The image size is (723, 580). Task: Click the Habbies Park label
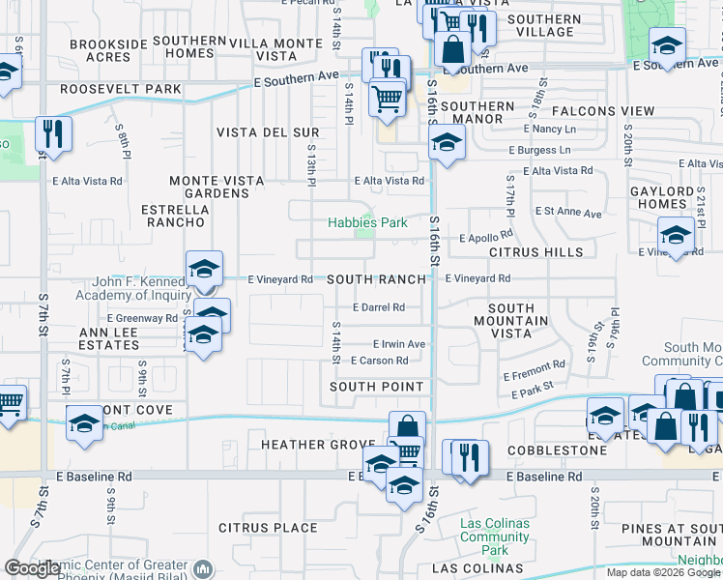click(x=366, y=222)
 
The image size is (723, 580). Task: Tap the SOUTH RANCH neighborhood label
click(x=376, y=279)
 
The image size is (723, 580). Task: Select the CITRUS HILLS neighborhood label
click(x=535, y=251)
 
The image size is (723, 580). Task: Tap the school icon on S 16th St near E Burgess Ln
click(x=445, y=144)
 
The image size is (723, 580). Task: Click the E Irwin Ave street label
click(x=399, y=343)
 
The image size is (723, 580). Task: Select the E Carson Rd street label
click(x=379, y=361)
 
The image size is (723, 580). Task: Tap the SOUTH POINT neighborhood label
click(x=376, y=387)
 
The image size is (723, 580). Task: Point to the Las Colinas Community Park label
click(x=494, y=536)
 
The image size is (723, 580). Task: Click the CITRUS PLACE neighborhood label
click(x=268, y=528)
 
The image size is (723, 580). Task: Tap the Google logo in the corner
click(x=33, y=568)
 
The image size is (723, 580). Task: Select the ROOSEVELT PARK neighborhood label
click(x=120, y=88)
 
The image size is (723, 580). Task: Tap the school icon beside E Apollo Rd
click(x=676, y=235)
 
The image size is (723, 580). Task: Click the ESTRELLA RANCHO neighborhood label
click(x=173, y=216)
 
